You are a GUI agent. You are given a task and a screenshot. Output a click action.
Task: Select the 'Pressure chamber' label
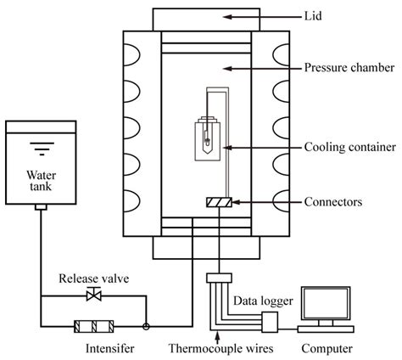coord(348,67)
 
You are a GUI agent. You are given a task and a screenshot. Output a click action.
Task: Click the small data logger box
coord(270,321)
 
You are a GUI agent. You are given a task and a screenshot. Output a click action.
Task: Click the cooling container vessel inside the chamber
coord(206,136)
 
